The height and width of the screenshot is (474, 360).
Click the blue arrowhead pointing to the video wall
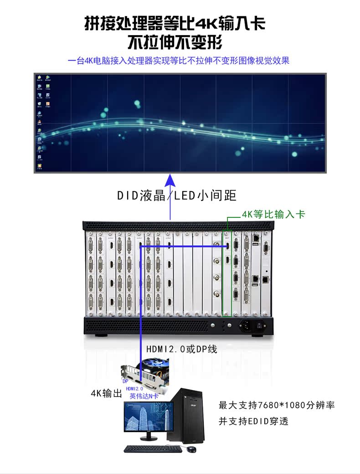click(x=170, y=179)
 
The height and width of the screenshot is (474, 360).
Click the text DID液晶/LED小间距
click(x=177, y=196)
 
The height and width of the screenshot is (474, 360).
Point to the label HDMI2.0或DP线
click(x=181, y=349)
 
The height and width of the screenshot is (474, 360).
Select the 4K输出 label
click(x=106, y=393)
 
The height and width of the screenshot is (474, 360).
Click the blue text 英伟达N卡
click(x=144, y=396)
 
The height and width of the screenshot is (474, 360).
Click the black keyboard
click(x=153, y=449)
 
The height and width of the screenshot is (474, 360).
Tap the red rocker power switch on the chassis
click(x=260, y=326)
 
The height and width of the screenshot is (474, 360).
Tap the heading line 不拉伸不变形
click(x=175, y=42)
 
